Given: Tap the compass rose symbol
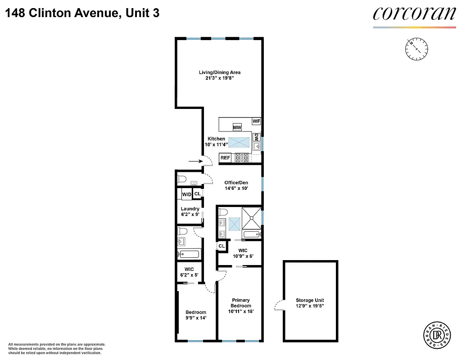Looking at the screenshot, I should [416, 49].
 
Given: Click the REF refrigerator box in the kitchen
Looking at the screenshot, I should [225, 158].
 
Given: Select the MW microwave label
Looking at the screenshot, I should [237, 127].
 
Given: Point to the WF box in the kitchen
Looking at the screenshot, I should [256, 121].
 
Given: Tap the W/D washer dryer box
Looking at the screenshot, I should [186, 194].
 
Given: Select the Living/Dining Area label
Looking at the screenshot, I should [220, 72].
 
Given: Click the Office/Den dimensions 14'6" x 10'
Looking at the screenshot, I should [236, 189].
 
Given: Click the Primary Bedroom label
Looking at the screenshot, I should [240, 303].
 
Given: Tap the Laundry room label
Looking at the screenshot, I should [190, 209].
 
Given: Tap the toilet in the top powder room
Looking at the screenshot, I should [182, 179].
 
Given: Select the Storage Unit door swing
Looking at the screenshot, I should [279, 306].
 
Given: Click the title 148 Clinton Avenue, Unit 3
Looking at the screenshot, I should [82, 13].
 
